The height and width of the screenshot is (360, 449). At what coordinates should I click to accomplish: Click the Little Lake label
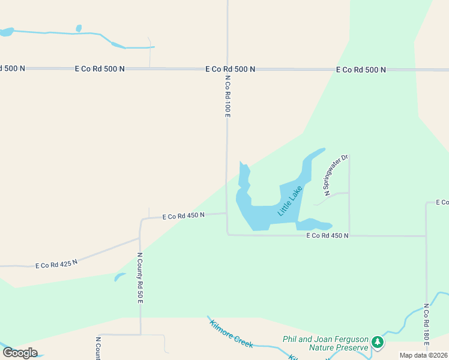(x=291, y=201)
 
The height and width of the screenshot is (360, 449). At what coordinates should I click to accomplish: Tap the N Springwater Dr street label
(x=336, y=176)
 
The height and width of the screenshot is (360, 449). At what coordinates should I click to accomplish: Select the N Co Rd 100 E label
(x=228, y=96)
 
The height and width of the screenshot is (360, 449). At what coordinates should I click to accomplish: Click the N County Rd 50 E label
(x=140, y=277)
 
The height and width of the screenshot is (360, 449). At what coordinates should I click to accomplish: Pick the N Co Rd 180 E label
(x=426, y=325)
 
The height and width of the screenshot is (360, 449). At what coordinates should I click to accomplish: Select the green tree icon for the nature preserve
(x=377, y=343)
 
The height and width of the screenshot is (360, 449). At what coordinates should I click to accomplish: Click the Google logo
(x=20, y=353)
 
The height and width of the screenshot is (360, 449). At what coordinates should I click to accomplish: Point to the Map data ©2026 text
(x=423, y=355)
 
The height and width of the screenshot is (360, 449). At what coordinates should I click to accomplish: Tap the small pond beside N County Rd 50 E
(x=119, y=277)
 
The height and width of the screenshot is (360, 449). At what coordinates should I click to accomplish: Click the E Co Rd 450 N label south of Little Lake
(x=327, y=236)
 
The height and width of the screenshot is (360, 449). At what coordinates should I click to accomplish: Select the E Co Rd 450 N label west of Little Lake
(x=184, y=215)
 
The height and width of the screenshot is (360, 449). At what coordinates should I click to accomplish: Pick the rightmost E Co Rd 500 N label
(x=361, y=70)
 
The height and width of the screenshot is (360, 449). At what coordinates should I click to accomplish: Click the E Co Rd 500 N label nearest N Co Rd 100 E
(x=230, y=69)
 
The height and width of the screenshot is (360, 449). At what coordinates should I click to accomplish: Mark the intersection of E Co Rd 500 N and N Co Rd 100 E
(x=228, y=69)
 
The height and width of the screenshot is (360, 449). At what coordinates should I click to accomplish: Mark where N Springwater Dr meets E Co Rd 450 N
(x=349, y=236)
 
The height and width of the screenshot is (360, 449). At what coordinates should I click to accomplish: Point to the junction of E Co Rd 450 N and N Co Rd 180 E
(x=426, y=236)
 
